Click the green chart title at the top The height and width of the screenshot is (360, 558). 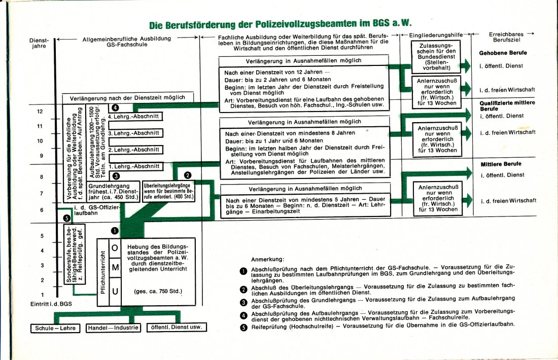[x=280, y=24]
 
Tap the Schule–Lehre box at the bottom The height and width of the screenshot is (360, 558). [x=55, y=328]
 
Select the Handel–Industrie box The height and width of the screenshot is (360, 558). [x=113, y=328]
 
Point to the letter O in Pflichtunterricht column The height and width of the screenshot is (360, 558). [x=115, y=248]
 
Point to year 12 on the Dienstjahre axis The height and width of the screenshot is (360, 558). [x=40, y=112]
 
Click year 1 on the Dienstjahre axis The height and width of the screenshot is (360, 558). [x=42, y=295]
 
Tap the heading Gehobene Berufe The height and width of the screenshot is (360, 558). [x=503, y=53]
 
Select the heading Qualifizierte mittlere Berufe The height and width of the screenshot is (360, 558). [x=507, y=105]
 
